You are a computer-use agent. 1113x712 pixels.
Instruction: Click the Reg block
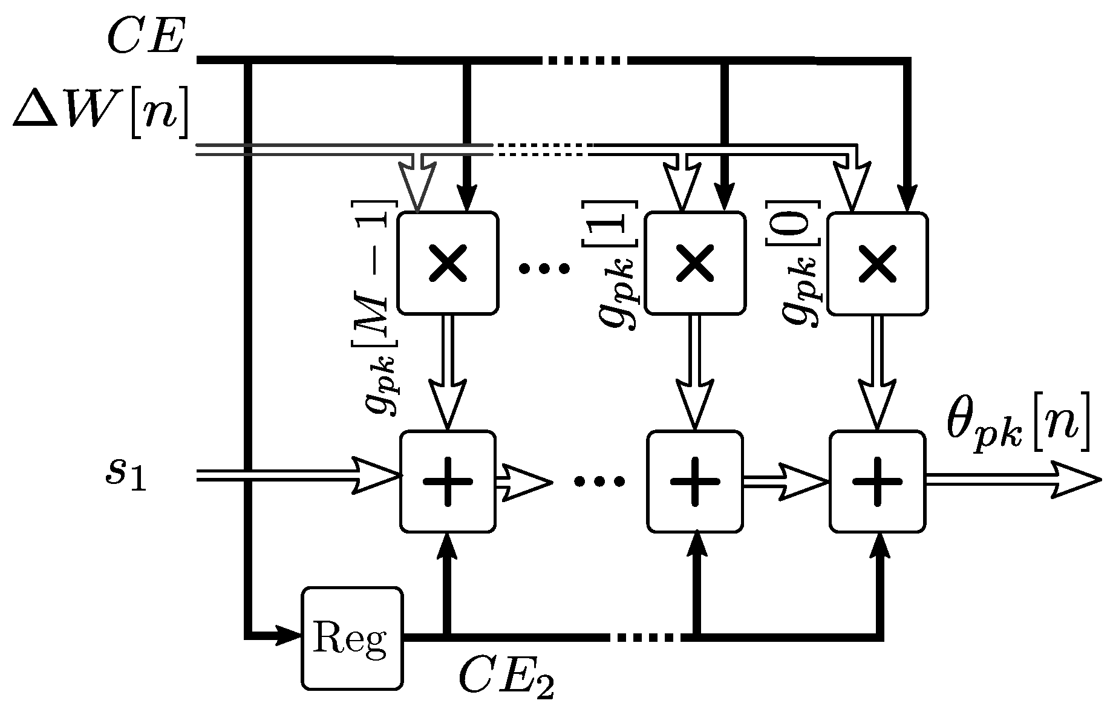pyautogui.click(x=351, y=638)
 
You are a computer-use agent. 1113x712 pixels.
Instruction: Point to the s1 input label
pyautogui.click(x=124, y=477)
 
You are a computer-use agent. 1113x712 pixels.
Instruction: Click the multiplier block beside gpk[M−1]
pyautogui.click(x=448, y=263)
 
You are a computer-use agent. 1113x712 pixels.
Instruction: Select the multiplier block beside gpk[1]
pyautogui.click(x=695, y=263)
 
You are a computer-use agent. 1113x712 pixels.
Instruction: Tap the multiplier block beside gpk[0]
pyautogui.click(x=877, y=263)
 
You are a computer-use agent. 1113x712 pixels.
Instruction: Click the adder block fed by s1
pyautogui.click(x=448, y=481)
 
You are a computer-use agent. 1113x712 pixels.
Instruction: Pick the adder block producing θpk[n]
pyautogui.click(x=877, y=481)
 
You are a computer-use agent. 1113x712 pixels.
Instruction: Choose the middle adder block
pyautogui.click(x=695, y=481)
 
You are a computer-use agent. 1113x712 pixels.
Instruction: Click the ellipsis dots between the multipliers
pyautogui.click(x=544, y=268)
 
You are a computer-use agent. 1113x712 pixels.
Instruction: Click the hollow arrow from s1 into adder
pyautogui.click(x=375, y=477)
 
